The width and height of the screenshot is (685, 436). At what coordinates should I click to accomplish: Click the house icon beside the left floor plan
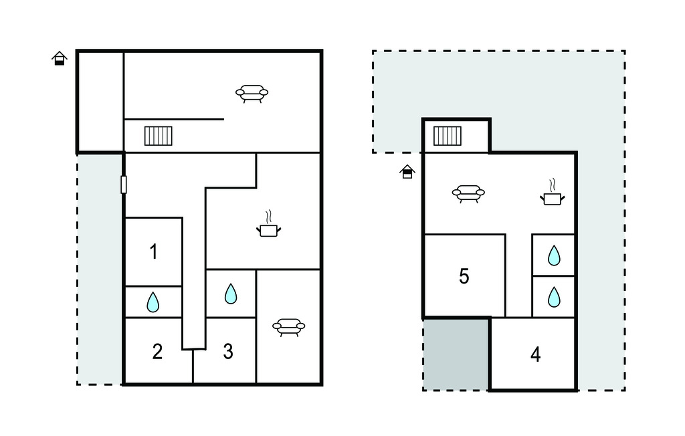60,59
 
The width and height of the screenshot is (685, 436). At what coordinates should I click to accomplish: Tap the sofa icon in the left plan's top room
252,94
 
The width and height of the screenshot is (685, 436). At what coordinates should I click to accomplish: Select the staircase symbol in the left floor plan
159,136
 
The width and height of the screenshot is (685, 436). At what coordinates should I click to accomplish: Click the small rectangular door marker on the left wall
124,185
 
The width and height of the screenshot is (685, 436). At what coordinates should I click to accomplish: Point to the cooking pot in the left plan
268,229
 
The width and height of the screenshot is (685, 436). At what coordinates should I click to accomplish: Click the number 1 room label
154,252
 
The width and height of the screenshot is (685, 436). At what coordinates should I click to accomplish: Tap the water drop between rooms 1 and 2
153,302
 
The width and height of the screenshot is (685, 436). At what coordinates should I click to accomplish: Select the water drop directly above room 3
230,294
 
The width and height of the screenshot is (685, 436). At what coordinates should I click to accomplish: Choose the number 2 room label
157,352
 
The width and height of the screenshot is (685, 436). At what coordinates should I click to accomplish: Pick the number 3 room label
228,352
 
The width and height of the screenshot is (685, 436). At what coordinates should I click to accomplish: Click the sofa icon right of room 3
289,326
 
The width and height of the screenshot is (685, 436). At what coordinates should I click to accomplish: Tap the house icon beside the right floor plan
407,173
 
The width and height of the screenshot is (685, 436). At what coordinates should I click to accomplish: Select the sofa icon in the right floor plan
468,193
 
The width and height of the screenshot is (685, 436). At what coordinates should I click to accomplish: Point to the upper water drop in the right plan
554,255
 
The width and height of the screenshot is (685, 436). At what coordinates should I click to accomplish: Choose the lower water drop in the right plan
554,296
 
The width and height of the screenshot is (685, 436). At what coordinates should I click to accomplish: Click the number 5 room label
464,276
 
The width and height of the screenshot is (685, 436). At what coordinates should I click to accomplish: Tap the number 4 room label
535,354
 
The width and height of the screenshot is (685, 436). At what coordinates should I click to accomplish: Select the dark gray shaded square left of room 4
456,354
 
